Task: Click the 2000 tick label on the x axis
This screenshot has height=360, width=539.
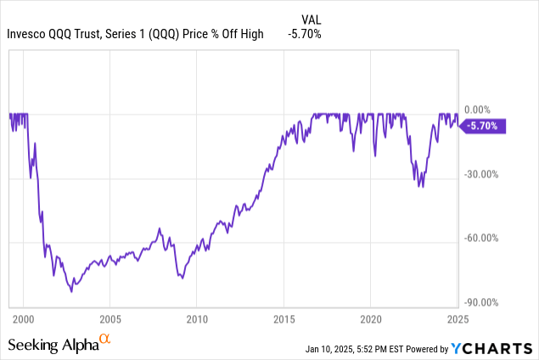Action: tap(23, 319)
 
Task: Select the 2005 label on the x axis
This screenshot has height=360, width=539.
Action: tap(109, 319)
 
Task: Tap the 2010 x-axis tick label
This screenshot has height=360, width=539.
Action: tap(197, 319)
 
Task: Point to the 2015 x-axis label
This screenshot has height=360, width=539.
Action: tap(284, 319)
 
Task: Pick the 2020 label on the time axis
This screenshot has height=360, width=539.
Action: tap(371, 319)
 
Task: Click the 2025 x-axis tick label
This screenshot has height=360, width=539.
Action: tap(458, 319)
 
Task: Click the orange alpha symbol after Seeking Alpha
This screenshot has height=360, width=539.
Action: tap(105, 340)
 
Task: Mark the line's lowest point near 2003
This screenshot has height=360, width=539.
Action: tap(71, 291)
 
